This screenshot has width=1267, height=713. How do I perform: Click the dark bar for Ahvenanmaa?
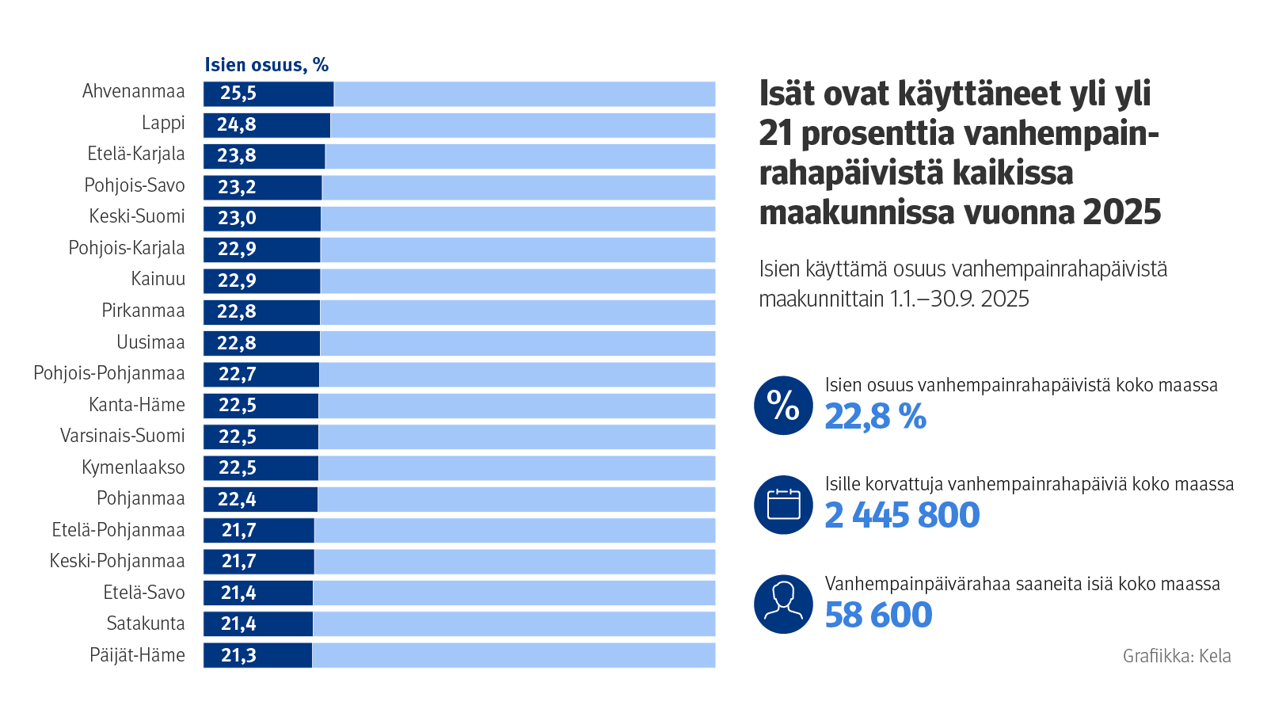click(268, 93)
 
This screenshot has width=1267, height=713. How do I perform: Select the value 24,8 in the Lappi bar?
click(237, 124)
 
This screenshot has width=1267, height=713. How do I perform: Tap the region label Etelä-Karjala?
click(136, 154)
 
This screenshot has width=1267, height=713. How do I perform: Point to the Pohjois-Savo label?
click(135, 185)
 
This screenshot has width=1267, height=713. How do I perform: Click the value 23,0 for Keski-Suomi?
click(237, 218)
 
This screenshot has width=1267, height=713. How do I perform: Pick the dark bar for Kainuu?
click(261, 280)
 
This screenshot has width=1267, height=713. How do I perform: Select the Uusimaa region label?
click(150, 342)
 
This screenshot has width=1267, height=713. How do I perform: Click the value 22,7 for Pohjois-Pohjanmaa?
click(237, 374)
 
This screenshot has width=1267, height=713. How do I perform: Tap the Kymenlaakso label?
click(133, 467)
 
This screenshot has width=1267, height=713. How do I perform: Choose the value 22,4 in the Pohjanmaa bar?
click(237, 499)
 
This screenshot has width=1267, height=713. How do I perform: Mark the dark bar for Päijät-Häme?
click(257, 655)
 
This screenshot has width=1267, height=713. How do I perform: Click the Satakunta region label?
click(146, 623)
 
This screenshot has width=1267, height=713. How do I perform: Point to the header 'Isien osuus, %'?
click(266, 65)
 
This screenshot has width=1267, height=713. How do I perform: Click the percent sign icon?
click(783, 406)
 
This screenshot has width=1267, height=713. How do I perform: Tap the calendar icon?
click(783, 505)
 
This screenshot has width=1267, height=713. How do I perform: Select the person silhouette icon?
click(783, 604)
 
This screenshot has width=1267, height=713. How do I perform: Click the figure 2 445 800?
click(902, 516)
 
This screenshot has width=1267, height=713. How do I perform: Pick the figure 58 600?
click(878, 616)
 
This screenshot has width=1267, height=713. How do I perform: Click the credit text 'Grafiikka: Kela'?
click(1177, 656)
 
